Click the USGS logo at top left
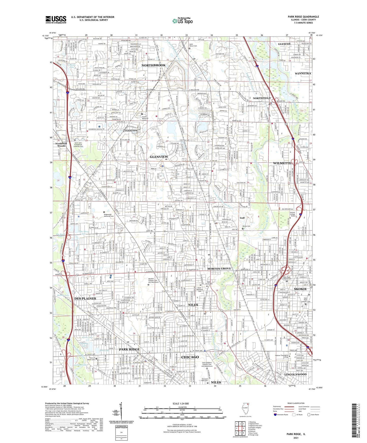[56, 19]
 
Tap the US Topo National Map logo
[182, 21]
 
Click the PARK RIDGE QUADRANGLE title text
[303, 17]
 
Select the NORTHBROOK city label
[153, 65]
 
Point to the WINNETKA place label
[303, 74]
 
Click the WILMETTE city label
[282, 163]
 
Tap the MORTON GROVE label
[219, 268]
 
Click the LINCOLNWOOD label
[295, 374]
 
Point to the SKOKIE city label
[300, 289]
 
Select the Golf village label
[242, 218]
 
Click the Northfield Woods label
[61, 145]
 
